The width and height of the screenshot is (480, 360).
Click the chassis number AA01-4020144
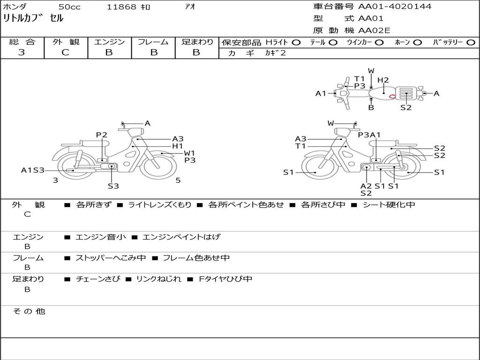click(395, 7)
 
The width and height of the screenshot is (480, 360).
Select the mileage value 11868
click(121, 7)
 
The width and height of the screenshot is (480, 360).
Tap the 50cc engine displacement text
click(69, 7)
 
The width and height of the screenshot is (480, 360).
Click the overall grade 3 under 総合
click(22, 52)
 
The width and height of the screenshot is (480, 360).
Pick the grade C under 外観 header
click(65, 52)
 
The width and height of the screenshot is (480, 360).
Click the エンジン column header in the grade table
click(109, 42)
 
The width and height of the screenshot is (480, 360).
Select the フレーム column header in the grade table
click(153, 42)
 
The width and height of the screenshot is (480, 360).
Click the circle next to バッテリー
click(471, 43)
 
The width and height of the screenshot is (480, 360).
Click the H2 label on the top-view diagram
click(383, 80)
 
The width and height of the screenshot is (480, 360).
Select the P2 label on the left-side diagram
click(102, 135)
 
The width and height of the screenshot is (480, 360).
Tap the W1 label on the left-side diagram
click(189, 153)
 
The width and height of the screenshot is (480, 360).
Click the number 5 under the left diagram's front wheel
click(178, 180)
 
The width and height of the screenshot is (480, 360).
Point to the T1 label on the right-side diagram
click(300, 146)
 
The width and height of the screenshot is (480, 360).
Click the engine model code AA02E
click(375, 31)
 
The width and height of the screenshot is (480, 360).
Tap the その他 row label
click(29, 311)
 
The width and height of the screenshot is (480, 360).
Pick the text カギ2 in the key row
click(275, 53)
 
